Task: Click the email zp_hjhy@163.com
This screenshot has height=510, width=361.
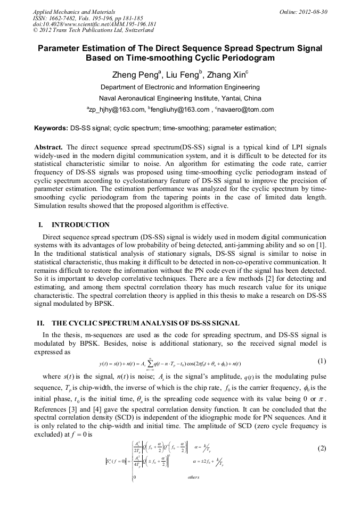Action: [x=116, y=110]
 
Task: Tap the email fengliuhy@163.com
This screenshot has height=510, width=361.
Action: [x=178, y=110]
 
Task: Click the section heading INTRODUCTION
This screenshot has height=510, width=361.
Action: [x=80, y=225]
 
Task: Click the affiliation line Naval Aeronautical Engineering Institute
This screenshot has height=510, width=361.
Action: [x=180, y=98]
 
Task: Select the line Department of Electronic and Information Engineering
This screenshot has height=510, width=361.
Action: [x=180, y=87]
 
